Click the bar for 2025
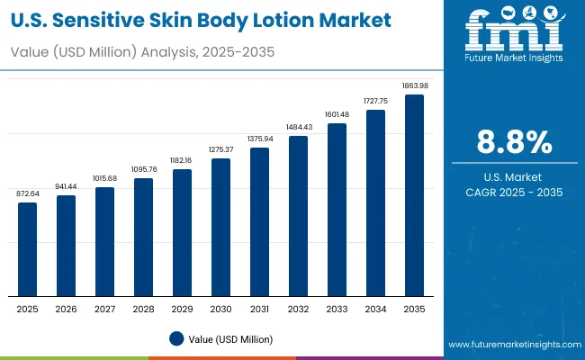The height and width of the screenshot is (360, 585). (28, 249)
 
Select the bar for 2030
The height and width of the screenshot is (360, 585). (220, 227)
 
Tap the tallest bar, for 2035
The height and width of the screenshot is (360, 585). (414, 195)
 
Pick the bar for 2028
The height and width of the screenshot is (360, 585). (143, 237)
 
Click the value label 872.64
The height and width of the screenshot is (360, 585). (28, 194)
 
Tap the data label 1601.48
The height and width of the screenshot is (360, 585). (337, 115)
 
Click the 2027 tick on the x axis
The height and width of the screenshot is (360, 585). (104, 309)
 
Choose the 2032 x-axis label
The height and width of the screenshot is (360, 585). (298, 309)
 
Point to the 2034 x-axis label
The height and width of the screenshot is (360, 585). (375, 309)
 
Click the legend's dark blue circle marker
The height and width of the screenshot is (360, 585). (177, 338)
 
